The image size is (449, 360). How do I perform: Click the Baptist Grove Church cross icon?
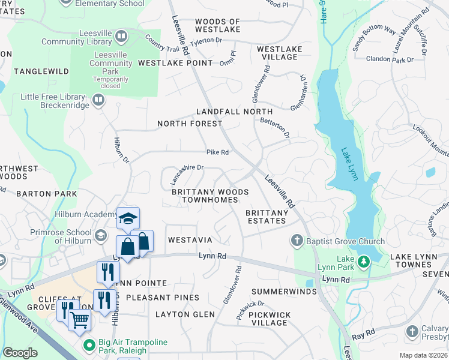[296, 241]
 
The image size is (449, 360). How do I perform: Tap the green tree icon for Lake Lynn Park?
[363, 262]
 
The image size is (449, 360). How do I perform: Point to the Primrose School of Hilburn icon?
[101, 233]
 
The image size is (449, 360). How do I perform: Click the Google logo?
[20, 353]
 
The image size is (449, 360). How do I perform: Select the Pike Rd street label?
[218, 152]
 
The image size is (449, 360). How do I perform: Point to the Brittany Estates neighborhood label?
[267, 217]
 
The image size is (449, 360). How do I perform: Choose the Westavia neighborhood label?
[190, 240]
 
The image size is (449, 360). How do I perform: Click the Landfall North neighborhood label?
[235, 112]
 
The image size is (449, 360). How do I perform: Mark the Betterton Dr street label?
[276, 125]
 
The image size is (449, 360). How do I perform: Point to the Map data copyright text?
[424, 355]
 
